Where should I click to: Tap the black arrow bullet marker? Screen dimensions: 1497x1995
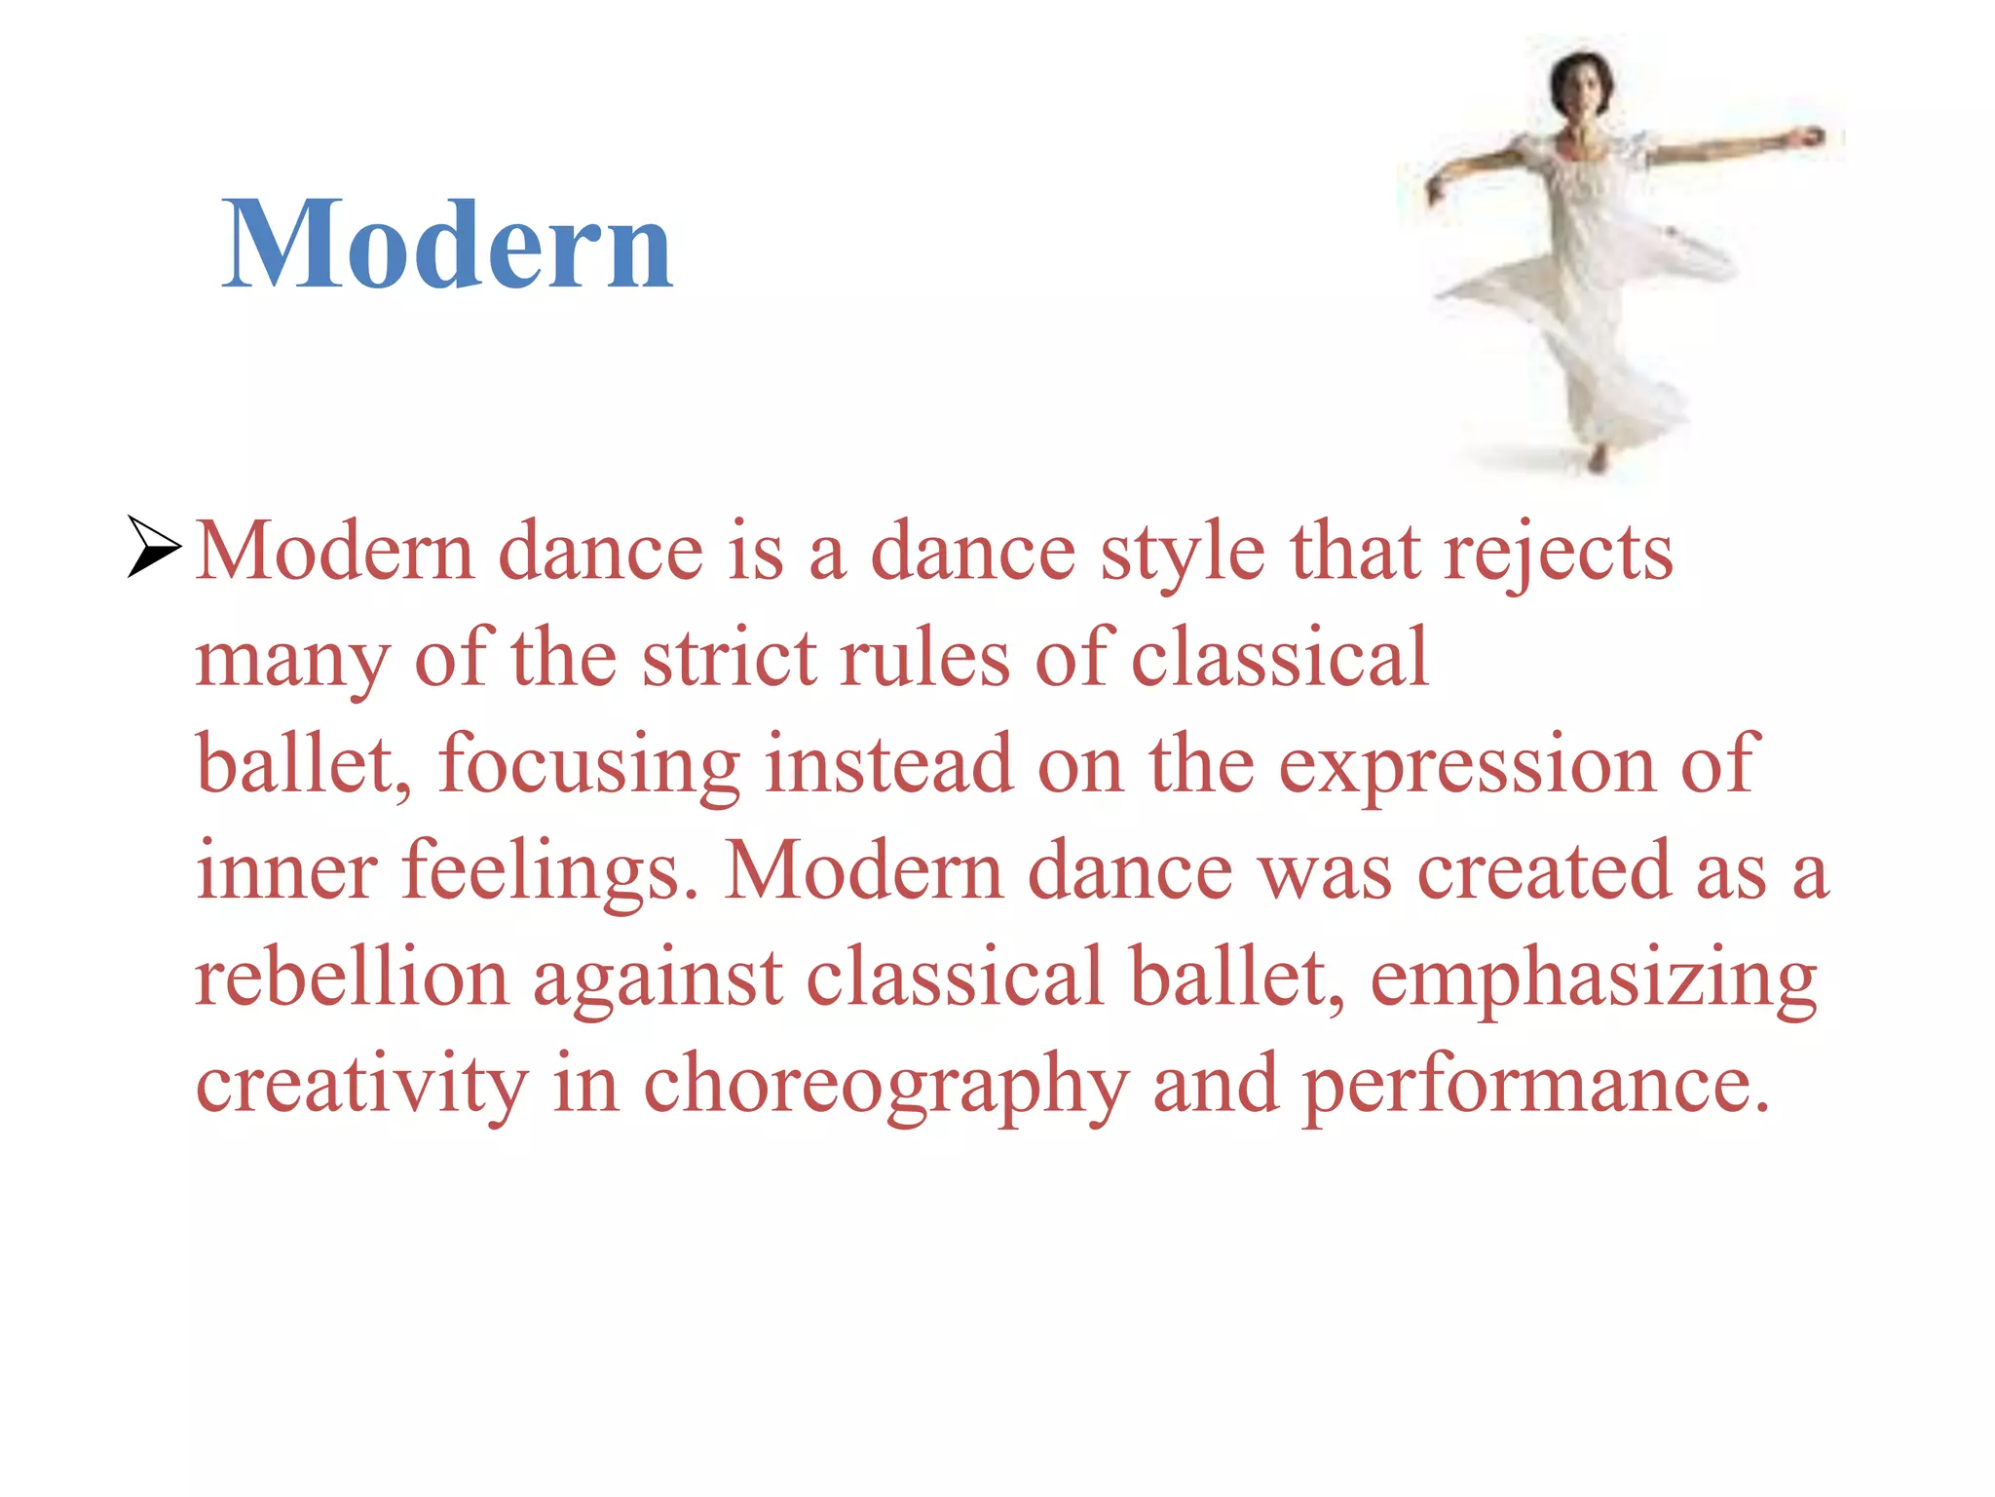tap(154, 548)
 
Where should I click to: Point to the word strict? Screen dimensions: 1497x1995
tap(729, 659)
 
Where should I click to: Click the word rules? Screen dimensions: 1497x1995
tap(925, 659)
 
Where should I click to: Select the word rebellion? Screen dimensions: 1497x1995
tap(352, 978)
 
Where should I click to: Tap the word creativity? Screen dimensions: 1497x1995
tap(361, 1085)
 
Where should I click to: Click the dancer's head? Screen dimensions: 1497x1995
tap(1581, 83)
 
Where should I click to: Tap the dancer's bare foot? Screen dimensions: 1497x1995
tap(1597, 459)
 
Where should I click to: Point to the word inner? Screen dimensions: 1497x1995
tap(286, 870)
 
